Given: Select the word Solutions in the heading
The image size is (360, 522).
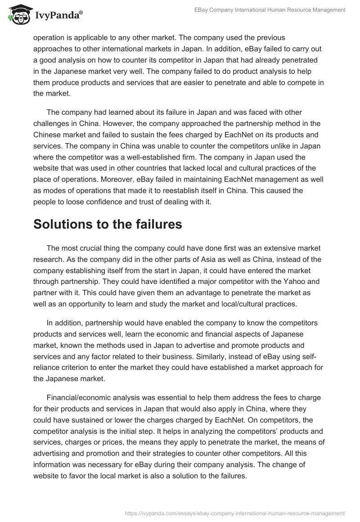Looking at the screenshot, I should (x=66, y=224).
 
